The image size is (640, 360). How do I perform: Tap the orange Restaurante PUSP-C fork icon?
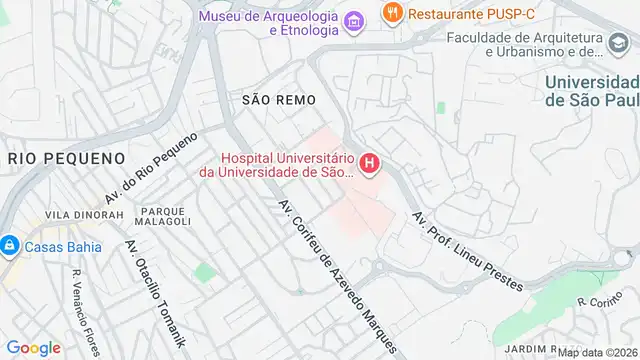[393, 14]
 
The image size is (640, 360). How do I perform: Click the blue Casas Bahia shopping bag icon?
[9, 245]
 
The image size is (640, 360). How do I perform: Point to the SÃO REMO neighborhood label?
[279, 100]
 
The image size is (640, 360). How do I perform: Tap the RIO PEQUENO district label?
[66, 158]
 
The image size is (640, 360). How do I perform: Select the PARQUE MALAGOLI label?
[165, 216]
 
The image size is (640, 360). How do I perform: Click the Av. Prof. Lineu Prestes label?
[466, 250]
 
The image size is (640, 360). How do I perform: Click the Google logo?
[33, 347]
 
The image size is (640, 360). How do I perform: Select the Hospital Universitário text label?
[286, 164]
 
